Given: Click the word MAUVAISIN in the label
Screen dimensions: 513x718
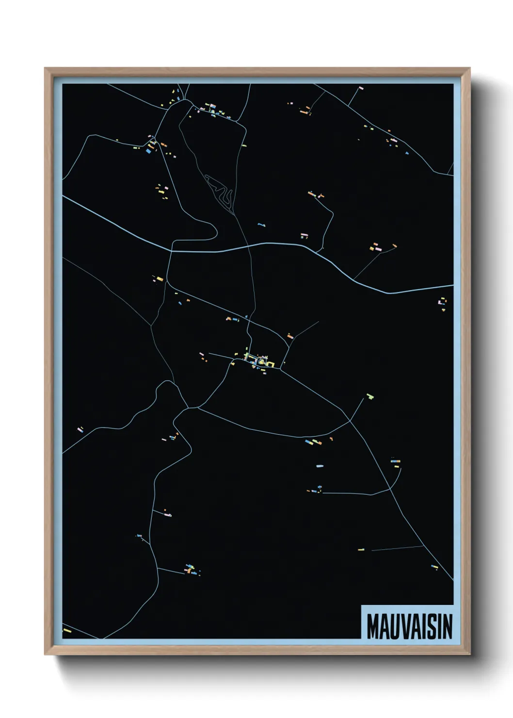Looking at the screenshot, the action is [409, 626].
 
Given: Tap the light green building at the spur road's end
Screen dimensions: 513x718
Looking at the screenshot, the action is [370, 396].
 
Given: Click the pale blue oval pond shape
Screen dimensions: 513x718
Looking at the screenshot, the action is [320, 466].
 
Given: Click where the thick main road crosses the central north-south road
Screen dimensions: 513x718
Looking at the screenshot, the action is [249, 246].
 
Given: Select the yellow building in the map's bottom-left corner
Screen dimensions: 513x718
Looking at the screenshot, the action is [67, 631].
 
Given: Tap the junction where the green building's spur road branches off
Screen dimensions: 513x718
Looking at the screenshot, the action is [350, 421].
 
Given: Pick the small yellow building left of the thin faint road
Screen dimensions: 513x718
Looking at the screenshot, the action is [361, 550].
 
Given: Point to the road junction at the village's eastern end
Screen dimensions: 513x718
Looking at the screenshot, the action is [281, 370].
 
